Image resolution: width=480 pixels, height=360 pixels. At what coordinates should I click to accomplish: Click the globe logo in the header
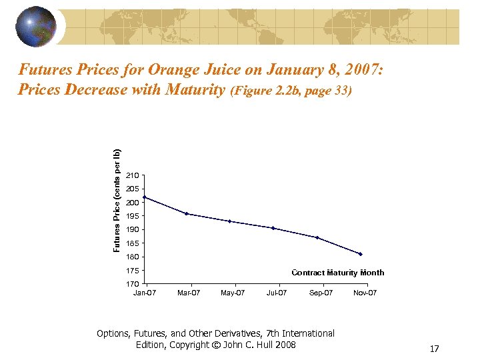tap(36, 27)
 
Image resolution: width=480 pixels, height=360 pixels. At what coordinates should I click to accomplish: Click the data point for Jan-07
tap(144, 197)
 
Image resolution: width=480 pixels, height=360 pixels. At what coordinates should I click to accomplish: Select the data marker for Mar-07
tap(187, 214)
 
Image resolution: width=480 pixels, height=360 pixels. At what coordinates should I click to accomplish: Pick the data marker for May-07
tap(229, 221)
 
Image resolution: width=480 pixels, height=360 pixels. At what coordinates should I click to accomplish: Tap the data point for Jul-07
tap(273, 228)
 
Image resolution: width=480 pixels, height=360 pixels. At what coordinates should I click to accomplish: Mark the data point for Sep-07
tap(317, 237)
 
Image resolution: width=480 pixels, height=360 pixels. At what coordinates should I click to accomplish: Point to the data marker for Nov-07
tap(360, 254)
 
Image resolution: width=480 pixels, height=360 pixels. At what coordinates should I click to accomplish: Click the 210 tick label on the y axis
tap(132, 175)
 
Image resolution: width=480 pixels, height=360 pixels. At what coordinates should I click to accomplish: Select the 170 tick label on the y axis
tap(132, 285)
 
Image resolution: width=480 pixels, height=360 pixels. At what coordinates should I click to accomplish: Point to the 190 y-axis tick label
tap(132, 230)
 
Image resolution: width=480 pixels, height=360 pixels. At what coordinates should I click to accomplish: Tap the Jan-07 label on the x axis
tap(145, 293)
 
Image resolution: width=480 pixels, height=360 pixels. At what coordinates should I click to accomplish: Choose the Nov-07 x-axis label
tap(365, 293)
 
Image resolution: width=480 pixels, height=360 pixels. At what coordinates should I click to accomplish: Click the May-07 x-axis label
tap(233, 293)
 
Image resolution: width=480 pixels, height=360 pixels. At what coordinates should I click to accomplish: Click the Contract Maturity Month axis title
tap(338, 273)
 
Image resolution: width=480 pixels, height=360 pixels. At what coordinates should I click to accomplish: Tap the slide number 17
tap(434, 349)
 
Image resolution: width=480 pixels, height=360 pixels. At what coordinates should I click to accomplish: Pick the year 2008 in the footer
tap(285, 345)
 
